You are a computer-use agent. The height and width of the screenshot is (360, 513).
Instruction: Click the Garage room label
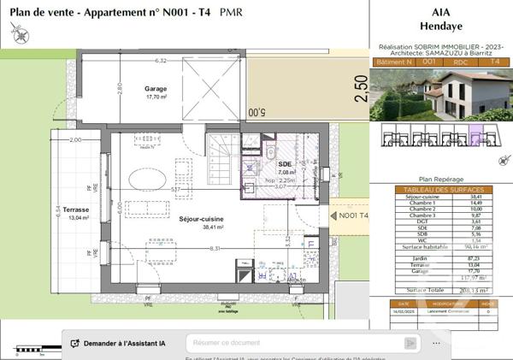click(x=156, y=88)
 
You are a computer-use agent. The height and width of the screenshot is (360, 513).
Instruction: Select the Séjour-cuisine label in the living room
click(x=201, y=220)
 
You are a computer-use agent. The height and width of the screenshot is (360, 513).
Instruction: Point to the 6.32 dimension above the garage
click(x=160, y=62)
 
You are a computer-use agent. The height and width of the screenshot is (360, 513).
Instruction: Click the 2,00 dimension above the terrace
click(x=75, y=140)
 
